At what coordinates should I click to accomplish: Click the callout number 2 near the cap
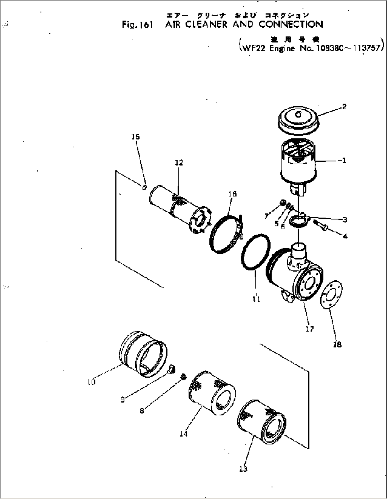[x=344, y=106]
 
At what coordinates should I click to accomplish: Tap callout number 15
[x=136, y=137]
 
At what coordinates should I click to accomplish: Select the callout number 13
[x=243, y=469]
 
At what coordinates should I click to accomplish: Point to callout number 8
[x=142, y=411]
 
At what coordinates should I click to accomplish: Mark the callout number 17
[x=310, y=329]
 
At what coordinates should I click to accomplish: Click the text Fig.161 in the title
[x=137, y=25]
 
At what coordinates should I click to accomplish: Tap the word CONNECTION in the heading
[x=291, y=24]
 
